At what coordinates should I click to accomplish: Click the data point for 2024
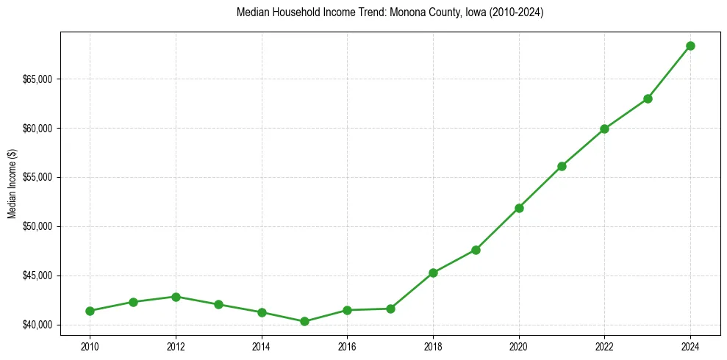pyautogui.click(x=690, y=46)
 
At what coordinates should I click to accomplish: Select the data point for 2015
pyautogui.click(x=304, y=321)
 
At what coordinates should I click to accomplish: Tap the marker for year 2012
pyautogui.click(x=176, y=297)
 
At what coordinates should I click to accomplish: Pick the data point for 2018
pyautogui.click(x=433, y=273)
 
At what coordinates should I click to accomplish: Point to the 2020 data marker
pyautogui.click(x=519, y=208)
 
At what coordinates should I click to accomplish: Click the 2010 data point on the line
pyautogui.click(x=90, y=311)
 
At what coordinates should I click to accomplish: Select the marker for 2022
pyautogui.click(x=604, y=129)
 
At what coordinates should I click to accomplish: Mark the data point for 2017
pyautogui.click(x=390, y=309)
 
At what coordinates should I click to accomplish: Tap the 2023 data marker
pyautogui.click(x=648, y=98)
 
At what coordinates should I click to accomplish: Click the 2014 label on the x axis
pyautogui.click(x=261, y=345)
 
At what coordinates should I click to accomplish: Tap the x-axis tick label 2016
pyautogui.click(x=347, y=345)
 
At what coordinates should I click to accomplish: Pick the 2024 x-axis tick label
pyautogui.click(x=690, y=345)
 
